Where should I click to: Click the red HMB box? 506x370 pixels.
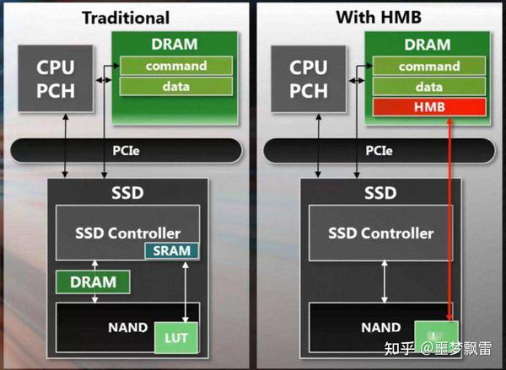click(x=430, y=107)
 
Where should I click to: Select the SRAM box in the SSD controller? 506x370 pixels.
click(x=171, y=250)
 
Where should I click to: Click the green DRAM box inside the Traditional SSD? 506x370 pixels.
click(x=94, y=281)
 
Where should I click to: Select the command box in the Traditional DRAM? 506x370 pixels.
click(x=175, y=66)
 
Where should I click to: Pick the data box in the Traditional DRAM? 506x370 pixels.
click(x=175, y=86)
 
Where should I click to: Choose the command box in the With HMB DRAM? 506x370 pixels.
click(x=430, y=66)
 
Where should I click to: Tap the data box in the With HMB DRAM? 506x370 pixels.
click(x=430, y=86)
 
